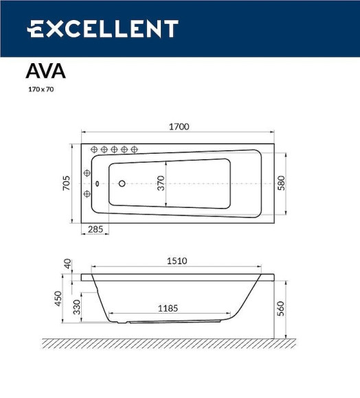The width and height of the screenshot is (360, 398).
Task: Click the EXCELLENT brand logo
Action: (x=102, y=29)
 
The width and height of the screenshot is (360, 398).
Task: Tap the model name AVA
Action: (x=45, y=71)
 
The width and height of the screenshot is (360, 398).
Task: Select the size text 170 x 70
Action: (x=40, y=90)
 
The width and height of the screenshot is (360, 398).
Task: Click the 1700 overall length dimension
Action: (x=179, y=126)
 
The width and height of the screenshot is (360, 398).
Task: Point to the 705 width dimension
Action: (x=67, y=183)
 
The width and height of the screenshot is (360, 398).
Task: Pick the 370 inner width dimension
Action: (x=161, y=183)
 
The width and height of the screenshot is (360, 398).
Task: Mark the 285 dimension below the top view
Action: (x=96, y=230)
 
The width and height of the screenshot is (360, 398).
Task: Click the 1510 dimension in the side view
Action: (x=177, y=261)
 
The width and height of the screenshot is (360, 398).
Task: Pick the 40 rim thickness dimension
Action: (x=67, y=263)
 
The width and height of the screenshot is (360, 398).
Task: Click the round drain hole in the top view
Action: (x=122, y=183)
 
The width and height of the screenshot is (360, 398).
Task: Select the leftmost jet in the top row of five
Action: (x=95, y=150)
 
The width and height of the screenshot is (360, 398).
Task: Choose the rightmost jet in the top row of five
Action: (x=135, y=150)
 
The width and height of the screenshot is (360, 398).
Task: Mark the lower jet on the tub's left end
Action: (x=87, y=194)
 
